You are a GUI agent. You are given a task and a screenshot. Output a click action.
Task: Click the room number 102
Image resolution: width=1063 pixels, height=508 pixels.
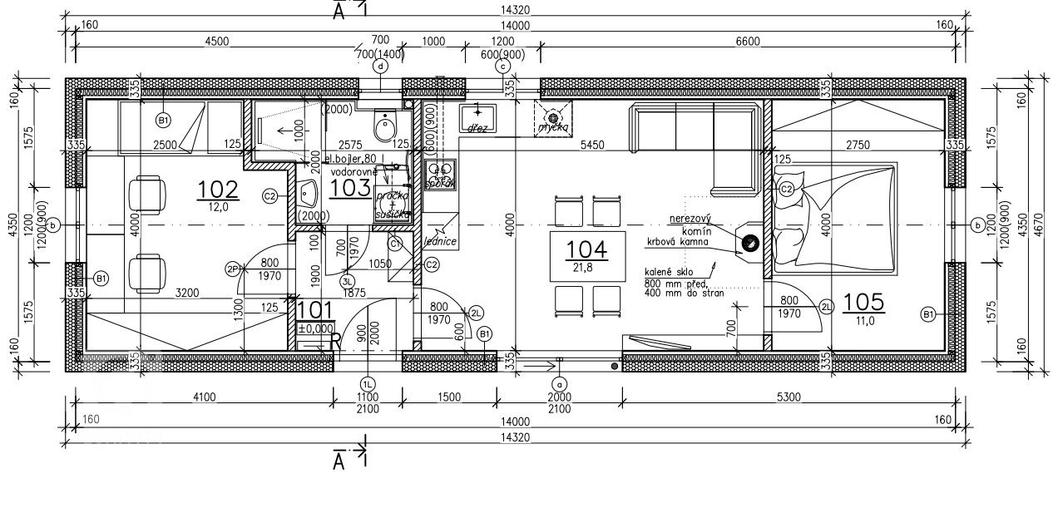tap(218, 189)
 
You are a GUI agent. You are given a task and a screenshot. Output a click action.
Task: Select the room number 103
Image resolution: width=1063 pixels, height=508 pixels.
tap(349, 188)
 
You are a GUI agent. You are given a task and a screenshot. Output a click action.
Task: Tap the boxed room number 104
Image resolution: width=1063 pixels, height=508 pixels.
tap(586, 249)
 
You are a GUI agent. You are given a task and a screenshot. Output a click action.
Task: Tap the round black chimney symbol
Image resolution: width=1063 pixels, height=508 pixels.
tap(749, 244)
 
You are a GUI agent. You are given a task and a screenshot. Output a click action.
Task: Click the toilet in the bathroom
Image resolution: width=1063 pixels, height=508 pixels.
tap(385, 129)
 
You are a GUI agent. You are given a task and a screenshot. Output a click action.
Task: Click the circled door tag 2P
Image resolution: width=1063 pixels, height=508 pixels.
tap(232, 269)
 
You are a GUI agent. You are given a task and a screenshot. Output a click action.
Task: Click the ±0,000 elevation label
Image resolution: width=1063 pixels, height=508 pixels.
tap(315, 329)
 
